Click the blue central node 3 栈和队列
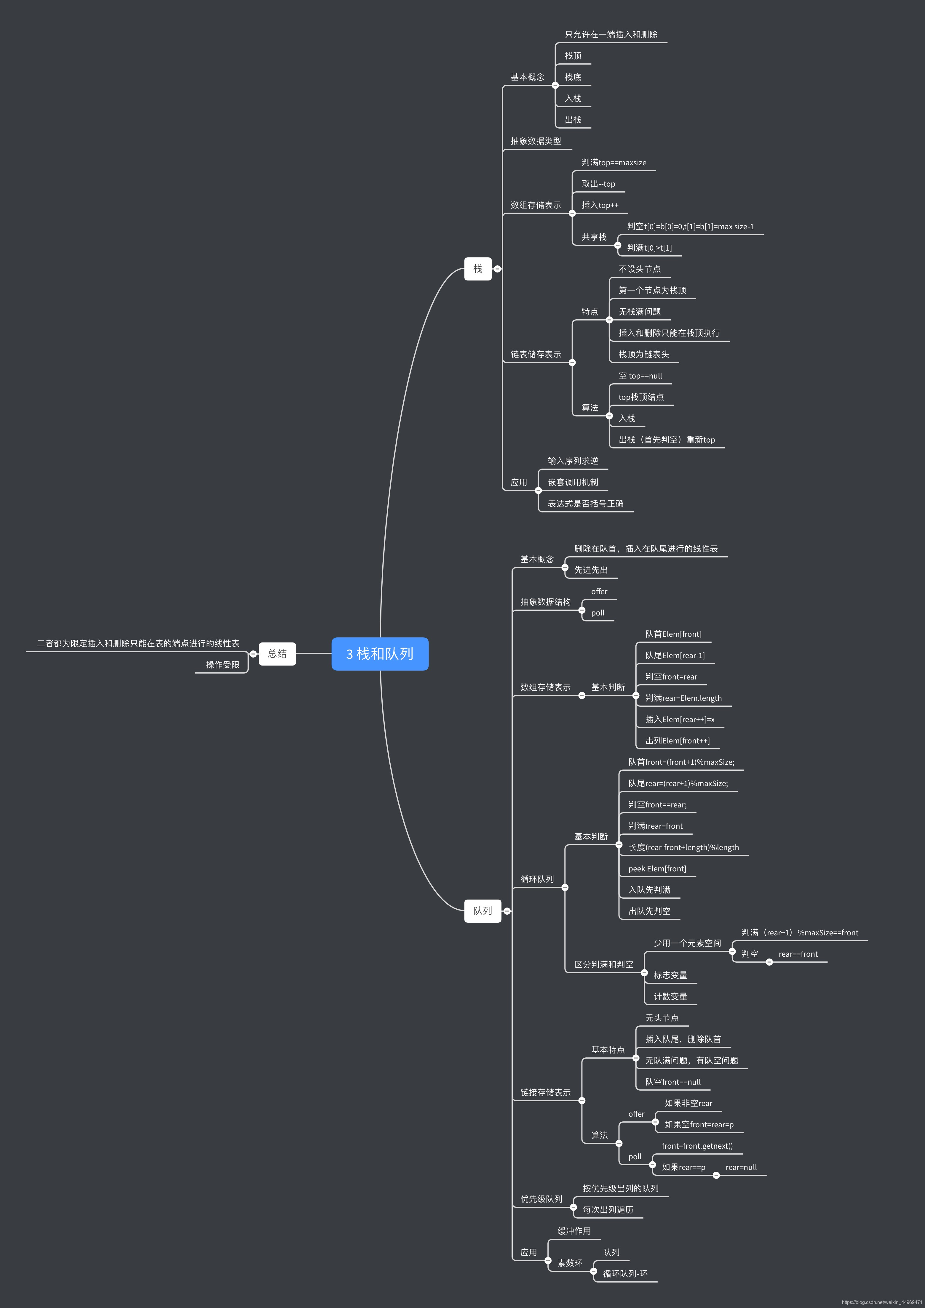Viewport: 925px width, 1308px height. click(x=380, y=653)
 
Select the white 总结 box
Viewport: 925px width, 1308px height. click(x=277, y=653)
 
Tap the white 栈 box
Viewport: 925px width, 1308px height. click(x=477, y=268)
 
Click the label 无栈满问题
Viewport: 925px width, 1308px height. click(x=640, y=312)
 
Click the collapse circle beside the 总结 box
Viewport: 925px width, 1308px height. click(x=253, y=654)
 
